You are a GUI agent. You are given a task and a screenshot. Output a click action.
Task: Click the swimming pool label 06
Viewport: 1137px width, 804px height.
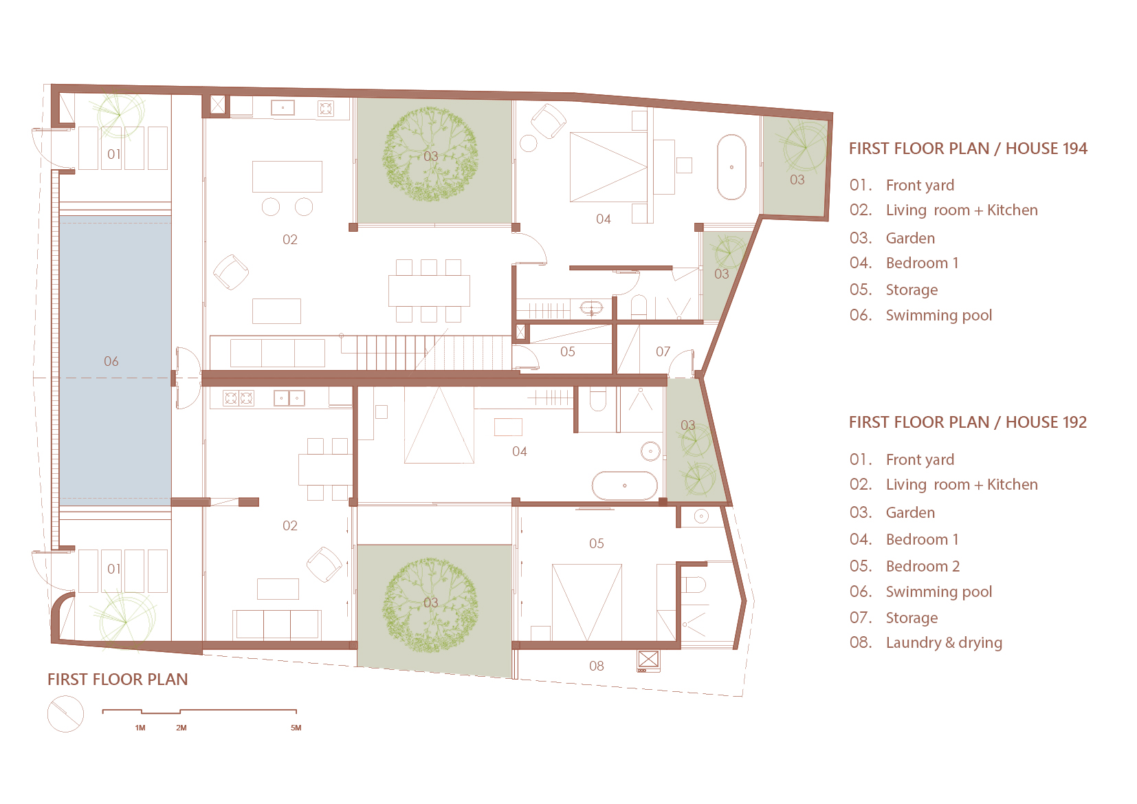[111, 361]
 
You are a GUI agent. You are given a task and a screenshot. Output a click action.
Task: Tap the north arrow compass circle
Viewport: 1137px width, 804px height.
[65, 714]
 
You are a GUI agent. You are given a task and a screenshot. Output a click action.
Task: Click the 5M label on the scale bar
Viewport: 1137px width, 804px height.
[296, 728]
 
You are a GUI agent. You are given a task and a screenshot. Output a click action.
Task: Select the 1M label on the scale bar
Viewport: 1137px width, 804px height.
[140, 728]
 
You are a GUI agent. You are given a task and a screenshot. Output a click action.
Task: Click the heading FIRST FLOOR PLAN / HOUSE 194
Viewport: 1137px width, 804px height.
[968, 149]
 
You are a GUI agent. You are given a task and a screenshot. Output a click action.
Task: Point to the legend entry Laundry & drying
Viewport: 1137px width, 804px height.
[944, 642]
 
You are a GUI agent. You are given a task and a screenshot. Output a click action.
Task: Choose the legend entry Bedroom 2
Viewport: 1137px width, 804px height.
[923, 566]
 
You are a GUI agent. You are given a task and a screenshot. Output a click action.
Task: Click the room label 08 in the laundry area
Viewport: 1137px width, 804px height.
[597, 666]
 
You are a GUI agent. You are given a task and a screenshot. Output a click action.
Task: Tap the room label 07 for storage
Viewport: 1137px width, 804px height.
[663, 351]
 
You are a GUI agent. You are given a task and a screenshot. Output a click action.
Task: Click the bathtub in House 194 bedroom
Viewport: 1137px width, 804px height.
[731, 167]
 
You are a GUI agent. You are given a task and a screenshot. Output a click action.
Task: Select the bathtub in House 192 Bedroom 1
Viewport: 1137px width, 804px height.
[625, 486]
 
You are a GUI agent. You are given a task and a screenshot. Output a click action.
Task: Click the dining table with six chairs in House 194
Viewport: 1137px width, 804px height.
[429, 290]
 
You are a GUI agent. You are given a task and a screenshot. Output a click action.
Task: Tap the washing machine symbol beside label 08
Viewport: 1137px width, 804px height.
[648, 661]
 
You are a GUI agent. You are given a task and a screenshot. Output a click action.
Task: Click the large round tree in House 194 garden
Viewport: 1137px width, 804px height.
[430, 154]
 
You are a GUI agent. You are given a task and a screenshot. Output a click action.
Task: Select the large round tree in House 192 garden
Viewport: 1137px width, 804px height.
[430, 605]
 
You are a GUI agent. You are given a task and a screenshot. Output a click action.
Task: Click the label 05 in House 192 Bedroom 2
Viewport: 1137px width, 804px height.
[597, 543]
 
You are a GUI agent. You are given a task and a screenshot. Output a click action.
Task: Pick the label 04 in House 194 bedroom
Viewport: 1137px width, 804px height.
[603, 219]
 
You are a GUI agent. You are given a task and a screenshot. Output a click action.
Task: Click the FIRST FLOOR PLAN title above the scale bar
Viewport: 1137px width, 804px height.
[118, 679]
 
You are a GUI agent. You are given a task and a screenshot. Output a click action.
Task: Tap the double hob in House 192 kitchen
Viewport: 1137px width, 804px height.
[239, 398]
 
